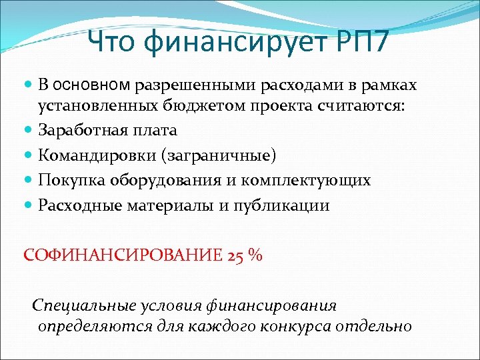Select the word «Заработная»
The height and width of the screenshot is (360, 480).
79,130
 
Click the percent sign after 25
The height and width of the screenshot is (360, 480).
254,256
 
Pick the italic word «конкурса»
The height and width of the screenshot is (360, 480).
294,327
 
